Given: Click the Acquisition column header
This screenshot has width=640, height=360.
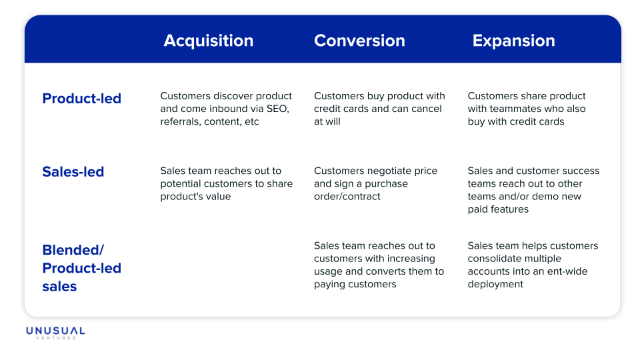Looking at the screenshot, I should pyautogui.click(x=209, y=41).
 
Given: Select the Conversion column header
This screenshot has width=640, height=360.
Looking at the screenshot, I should pyautogui.click(x=359, y=41).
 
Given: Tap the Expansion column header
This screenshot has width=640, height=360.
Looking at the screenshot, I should pyautogui.click(x=513, y=41).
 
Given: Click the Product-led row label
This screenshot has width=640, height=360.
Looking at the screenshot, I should pyautogui.click(x=82, y=99).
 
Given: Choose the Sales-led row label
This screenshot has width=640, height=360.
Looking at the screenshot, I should pyautogui.click(x=73, y=172).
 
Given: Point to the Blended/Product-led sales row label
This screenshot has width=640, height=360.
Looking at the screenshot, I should pyautogui.click(x=82, y=268).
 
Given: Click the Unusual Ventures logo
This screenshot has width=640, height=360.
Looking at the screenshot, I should pyautogui.click(x=55, y=333).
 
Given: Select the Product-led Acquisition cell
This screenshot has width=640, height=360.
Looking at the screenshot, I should pyautogui.click(x=226, y=109).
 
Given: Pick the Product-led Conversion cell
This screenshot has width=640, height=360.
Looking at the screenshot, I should pyautogui.click(x=379, y=109).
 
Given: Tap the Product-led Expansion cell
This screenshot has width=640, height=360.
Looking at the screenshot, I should pyautogui.click(x=527, y=109).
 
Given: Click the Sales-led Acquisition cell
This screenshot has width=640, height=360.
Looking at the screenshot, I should pyautogui.click(x=226, y=183).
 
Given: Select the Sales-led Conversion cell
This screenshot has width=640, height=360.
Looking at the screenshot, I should pyautogui.click(x=376, y=183).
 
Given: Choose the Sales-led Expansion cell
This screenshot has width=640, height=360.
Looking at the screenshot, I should pyautogui.click(x=533, y=190).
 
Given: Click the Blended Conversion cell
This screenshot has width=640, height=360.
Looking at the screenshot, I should pyautogui.click(x=379, y=265).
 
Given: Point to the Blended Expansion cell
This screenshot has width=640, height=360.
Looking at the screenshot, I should pyautogui.click(x=533, y=265).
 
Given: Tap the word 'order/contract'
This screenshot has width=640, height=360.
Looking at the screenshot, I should pyautogui.click(x=347, y=197).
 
